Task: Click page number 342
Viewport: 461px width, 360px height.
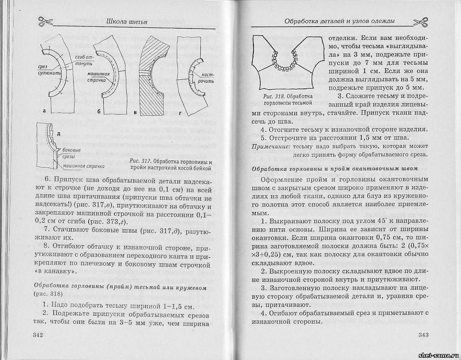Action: (x=38, y=335)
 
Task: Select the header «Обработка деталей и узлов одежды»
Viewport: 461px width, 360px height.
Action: (x=340, y=21)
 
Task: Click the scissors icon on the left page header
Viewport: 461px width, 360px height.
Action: (x=45, y=21)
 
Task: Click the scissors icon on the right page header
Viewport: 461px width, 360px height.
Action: (x=421, y=21)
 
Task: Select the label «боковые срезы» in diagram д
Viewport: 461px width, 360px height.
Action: (x=72, y=153)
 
